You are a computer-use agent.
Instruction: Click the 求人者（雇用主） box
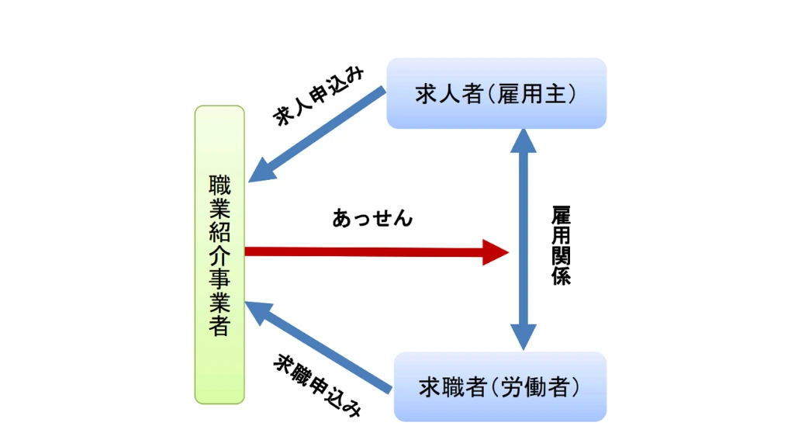(x=496, y=93)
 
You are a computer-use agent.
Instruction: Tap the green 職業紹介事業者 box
(x=219, y=255)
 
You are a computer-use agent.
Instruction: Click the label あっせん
(x=372, y=219)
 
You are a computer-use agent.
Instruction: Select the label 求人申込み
(x=318, y=96)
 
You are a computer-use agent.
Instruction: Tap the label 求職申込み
(x=318, y=386)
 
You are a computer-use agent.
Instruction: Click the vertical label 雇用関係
(x=562, y=245)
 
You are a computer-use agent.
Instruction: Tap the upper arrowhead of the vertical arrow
(x=524, y=142)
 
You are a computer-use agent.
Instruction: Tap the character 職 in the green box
(x=219, y=186)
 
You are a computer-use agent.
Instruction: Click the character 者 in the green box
(x=219, y=326)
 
